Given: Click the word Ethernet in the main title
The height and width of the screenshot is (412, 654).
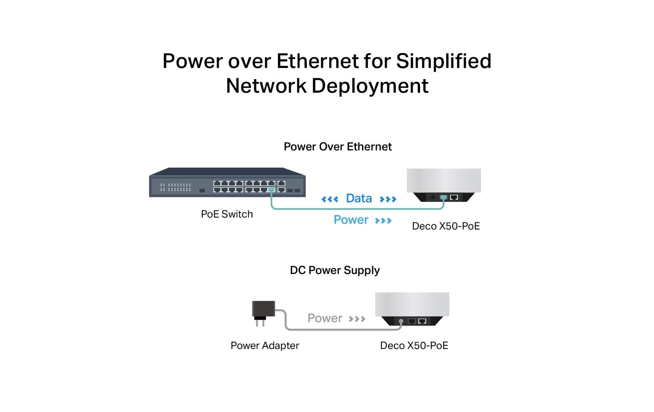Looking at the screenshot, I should [318, 61].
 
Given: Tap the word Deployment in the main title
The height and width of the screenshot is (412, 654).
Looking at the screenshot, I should [370, 86].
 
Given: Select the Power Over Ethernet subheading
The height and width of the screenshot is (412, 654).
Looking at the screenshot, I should [337, 147].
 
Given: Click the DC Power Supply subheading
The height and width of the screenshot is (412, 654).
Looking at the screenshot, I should [334, 270].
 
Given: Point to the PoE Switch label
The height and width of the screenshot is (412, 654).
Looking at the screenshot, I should [227, 214].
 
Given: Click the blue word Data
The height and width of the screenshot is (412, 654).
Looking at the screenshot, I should [359, 199].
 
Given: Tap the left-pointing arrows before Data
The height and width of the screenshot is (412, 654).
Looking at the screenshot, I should [330, 199].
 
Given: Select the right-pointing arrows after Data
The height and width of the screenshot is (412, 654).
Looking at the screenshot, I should [388, 199].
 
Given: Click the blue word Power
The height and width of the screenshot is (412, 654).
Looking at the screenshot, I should [351, 220].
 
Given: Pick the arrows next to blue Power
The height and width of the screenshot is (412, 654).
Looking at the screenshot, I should [383, 221].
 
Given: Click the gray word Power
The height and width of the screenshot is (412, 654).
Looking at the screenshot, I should [325, 318].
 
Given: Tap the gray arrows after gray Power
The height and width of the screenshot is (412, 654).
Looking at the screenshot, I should [357, 319].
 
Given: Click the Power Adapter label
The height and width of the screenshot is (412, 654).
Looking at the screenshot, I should [264, 346].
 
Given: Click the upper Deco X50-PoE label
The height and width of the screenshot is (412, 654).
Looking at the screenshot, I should [446, 226].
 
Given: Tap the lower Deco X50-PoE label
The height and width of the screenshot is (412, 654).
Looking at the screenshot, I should [414, 346].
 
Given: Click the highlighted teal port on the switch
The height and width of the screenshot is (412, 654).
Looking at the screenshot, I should [271, 190].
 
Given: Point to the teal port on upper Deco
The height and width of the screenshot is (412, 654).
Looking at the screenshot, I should [444, 197].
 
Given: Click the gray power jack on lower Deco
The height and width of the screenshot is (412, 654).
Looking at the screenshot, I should [401, 321].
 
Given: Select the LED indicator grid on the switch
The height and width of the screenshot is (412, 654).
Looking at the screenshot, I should [176, 187].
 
